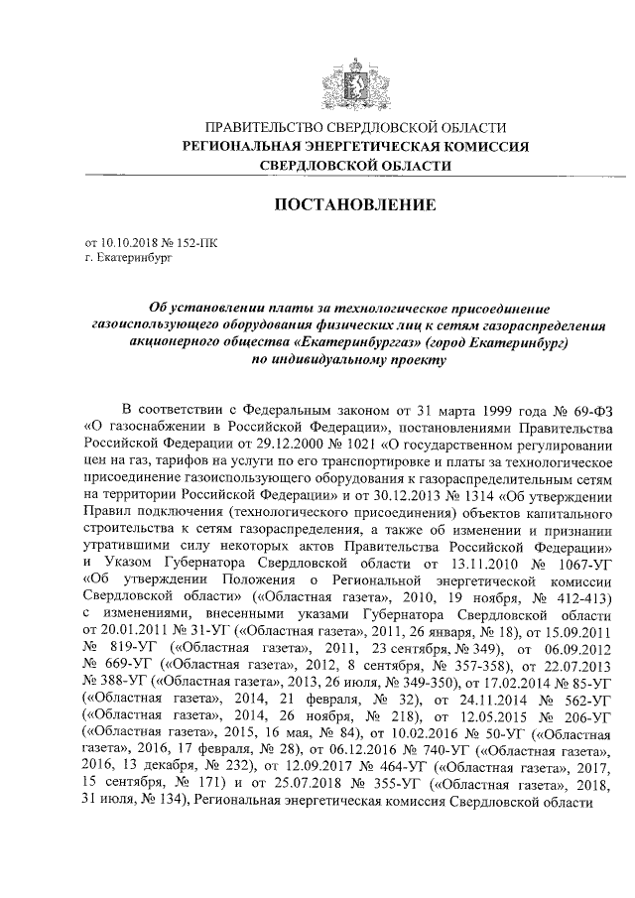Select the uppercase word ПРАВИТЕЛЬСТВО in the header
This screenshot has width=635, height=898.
point(260,128)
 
